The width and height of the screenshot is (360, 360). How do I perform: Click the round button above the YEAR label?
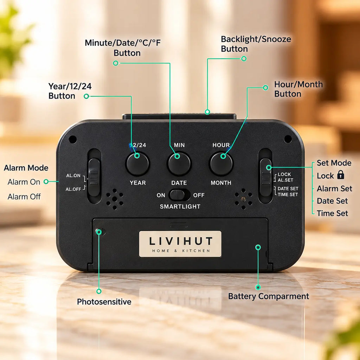click(137, 164)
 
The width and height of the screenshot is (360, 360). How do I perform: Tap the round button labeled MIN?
click(179, 164)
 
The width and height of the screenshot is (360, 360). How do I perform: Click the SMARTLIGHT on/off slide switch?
click(179, 195)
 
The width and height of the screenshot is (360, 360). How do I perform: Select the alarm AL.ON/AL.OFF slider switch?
click(94, 177)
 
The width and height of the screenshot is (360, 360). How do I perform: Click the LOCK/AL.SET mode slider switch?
click(266, 177)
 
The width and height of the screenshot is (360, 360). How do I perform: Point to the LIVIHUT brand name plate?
click(180, 244)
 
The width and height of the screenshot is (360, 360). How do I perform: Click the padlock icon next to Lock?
click(341, 175)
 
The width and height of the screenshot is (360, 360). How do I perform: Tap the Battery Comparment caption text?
click(268, 296)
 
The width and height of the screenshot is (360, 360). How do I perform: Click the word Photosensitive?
click(104, 302)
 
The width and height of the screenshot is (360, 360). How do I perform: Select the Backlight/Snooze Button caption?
click(256, 44)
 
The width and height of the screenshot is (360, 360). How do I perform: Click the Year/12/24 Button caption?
click(70, 91)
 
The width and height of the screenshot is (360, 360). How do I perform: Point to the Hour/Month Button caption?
click(298, 89)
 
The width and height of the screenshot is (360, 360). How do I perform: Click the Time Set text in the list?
click(332, 213)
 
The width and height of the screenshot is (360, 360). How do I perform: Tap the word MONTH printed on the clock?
click(221, 183)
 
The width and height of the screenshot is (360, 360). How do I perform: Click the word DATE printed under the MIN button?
click(179, 183)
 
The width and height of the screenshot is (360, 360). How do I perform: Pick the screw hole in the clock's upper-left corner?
click(73, 139)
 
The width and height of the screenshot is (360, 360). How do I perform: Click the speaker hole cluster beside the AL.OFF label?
click(115, 199)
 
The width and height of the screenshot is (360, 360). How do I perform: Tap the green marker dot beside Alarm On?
click(46, 182)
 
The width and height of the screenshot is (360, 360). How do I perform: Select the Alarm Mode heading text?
click(26, 168)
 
